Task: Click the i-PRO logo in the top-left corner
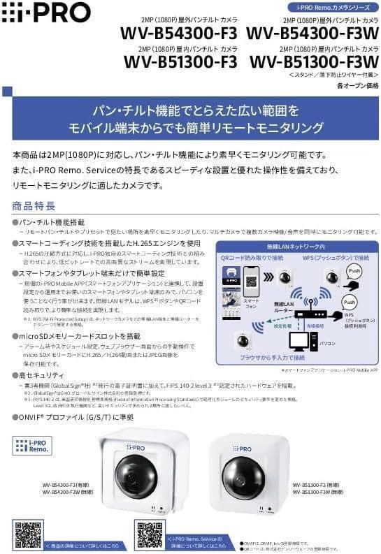pyautogui.click(x=46, y=12)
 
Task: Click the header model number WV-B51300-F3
pyautogui.click(x=180, y=61)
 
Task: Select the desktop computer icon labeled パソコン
pyautogui.click(x=301, y=341)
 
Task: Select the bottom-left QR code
pyautogui.click(x=28, y=533)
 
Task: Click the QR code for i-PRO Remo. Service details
pyautogui.click(x=150, y=534)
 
